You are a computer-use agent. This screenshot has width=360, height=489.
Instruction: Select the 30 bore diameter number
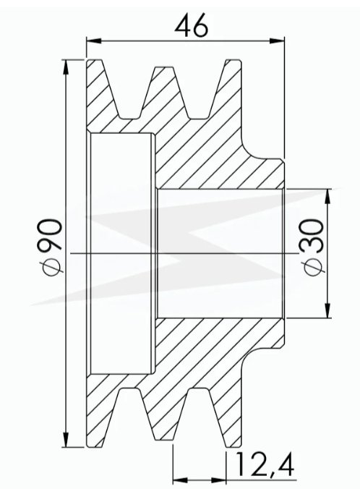[x=312, y=235]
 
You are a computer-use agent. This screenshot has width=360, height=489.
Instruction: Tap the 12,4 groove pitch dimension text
[x=265, y=464]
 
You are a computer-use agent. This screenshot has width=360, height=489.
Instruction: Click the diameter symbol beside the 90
[x=51, y=263]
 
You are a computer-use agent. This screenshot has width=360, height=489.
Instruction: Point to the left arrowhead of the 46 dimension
[x=93, y=41]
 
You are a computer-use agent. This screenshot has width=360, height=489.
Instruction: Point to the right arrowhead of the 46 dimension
[x=277, y=41]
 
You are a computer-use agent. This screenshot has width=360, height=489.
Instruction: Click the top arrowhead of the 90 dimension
[x=66, y=67]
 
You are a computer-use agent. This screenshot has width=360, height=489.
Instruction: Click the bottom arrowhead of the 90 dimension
[x=66, y=440]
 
